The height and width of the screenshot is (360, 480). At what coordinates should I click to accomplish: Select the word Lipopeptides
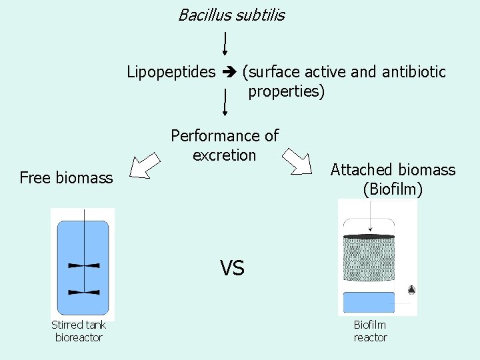coord(171,72)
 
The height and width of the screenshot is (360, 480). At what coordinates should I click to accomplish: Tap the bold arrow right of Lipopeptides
coord(229,72)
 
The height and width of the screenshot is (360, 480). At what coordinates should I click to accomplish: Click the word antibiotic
coord(414,72)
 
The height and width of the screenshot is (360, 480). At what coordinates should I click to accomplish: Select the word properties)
coord(286,91)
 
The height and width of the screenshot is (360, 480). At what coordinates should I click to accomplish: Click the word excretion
coord(224,155)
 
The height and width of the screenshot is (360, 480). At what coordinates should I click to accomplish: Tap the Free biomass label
coord(66,178)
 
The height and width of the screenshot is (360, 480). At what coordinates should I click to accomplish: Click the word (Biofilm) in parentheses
coord(393,189)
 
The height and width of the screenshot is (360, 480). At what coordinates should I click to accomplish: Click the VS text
coord(232,268)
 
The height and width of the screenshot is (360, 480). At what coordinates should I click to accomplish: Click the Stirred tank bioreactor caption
coord(79,331)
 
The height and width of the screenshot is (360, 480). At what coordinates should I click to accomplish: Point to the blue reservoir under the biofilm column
coord(368,302)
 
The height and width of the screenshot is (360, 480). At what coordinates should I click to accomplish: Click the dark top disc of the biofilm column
coord(368,237)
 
